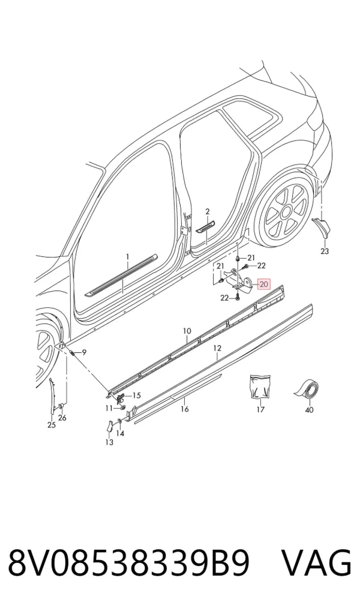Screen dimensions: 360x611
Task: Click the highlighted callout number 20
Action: (x=264, y=284)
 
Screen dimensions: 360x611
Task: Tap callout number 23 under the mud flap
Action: (x=325, y=251)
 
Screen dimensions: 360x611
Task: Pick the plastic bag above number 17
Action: (x=259, y=387)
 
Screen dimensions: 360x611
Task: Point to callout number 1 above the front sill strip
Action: (x=127, y=257)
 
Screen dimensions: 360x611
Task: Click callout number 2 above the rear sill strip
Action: (x=208, y=211)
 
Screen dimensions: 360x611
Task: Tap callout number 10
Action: (x=187, y=331)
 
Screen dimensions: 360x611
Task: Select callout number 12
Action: (x=217, y=348)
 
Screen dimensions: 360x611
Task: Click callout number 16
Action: (x=184, y=409)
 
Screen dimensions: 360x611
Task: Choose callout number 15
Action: (x=136, y=396)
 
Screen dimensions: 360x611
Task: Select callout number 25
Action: (x=52, y=425)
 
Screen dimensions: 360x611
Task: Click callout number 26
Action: (x=62, y=418)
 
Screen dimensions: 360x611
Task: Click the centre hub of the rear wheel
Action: (x=286, y=212)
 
